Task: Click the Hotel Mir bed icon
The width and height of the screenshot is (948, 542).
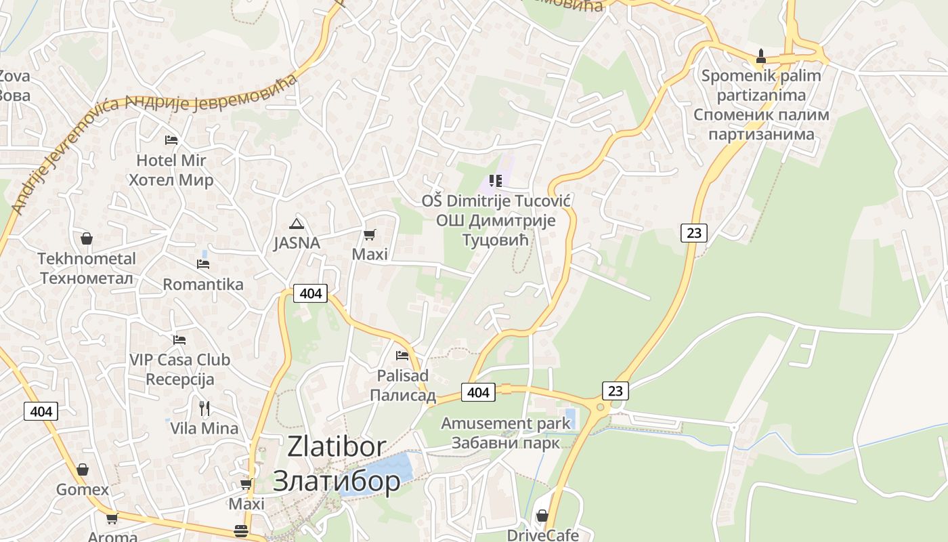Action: coord(171,140)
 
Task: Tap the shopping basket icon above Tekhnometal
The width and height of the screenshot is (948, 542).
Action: coord(87,238)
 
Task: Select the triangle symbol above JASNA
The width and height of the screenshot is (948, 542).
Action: coord(296,224)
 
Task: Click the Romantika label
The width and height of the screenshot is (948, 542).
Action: coord(203,284)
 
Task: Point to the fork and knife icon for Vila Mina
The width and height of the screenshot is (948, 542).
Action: coord(204,408)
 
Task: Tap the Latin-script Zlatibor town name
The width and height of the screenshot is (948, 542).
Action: coord(337,446)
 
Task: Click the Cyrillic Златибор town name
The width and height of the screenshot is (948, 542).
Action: coord(337,480)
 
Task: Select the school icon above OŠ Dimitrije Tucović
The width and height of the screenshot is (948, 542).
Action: coord(496,181)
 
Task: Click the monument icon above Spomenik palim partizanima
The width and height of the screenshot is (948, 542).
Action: coord(760,56)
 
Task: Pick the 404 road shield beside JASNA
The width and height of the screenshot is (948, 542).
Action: coord(311,293)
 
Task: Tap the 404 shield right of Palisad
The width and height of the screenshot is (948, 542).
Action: coord(478,392)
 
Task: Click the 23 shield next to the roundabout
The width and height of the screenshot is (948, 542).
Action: coord(615,390)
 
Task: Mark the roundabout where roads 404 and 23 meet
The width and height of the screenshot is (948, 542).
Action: coord(599,407)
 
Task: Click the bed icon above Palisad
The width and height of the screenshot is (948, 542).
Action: coord(402,355)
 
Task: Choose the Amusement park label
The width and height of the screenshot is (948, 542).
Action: coord(506,423)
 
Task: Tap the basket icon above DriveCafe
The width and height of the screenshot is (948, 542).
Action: coord(542,516)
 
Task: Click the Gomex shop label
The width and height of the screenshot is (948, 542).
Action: coord(83,489)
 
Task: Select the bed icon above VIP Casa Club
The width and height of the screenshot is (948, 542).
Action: coord(179,339)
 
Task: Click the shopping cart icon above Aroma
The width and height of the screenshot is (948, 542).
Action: coord(112,518)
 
